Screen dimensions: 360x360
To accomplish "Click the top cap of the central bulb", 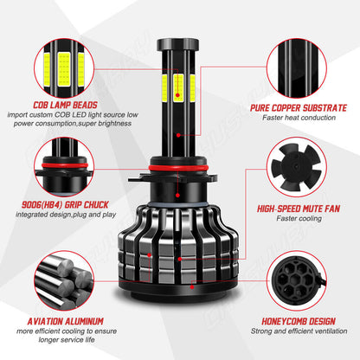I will pos(179,43).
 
